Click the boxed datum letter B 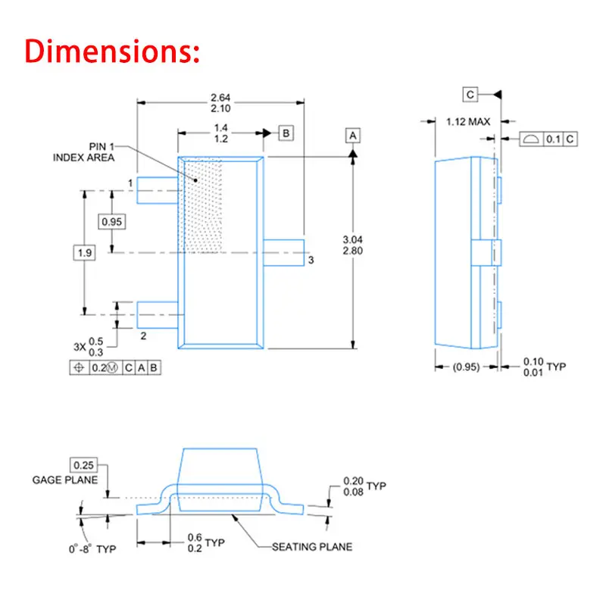[x=286, y=133]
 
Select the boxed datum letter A [x=353, y=135]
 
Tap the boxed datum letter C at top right [x=470, y=94]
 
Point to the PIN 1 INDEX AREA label [x=83, y=152]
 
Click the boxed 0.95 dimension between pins [x=112, y=221]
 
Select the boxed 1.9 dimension [x=84, y=252]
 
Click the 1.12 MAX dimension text [x=469, y=121]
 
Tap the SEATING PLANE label [x=312, y=547]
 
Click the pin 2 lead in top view [x=157, y=311]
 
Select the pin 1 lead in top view [x=157, y=190]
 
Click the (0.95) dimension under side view [x=466, y=367]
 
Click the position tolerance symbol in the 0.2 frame [x=77, y=367]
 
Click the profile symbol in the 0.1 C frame [x=532, y=139]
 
